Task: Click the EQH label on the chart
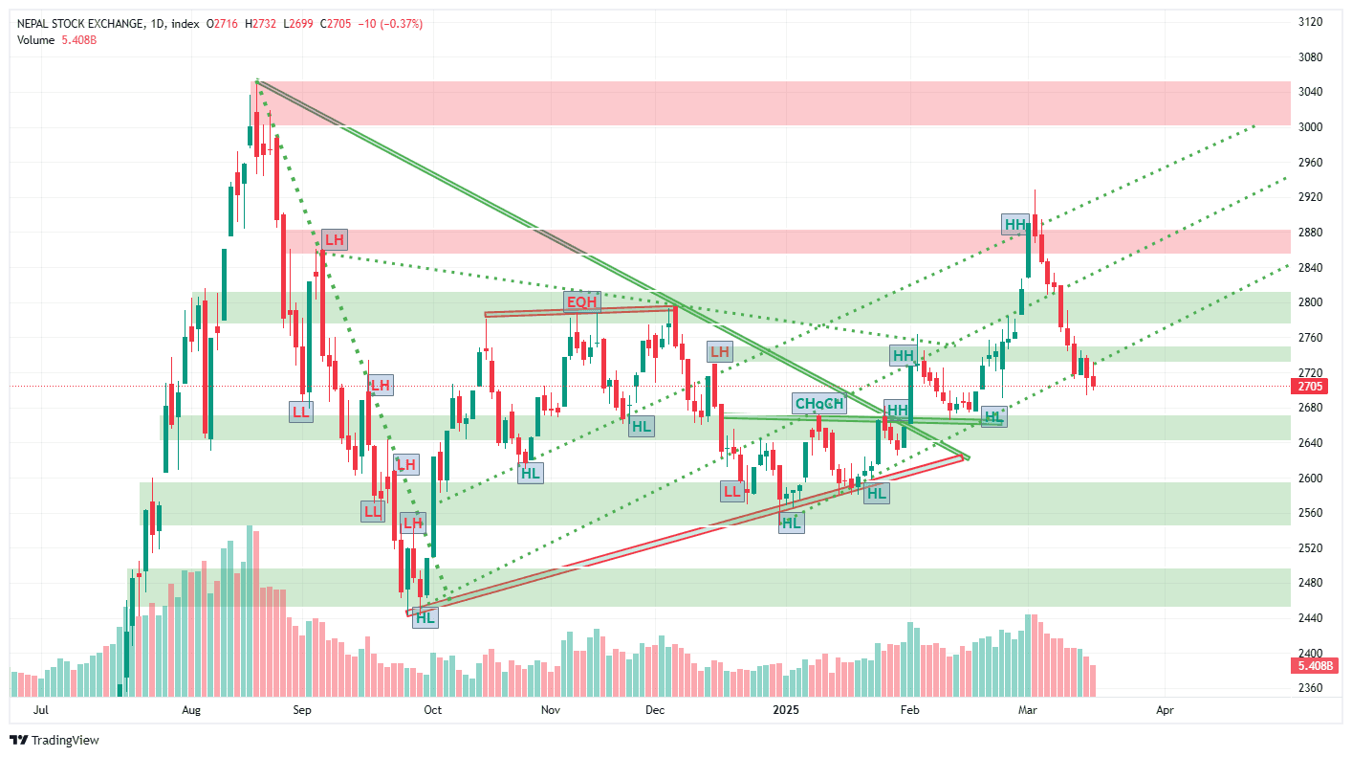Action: click(581, 302)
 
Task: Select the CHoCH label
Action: click(820, 404)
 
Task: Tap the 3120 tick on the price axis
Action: click(1310, 22)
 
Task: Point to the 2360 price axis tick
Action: click(1310, 688)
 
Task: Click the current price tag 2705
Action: click(1309, 387)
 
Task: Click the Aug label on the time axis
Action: click(191, 710)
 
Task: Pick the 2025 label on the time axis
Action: click(786, 710)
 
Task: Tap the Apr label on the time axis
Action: click(1165, 710)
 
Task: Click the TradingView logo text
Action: click(64, 740)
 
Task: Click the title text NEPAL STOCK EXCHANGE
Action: click(80, 23)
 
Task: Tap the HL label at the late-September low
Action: click(425, 617)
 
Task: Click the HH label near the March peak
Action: click(1014, 225)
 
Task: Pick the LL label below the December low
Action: click(732, 492)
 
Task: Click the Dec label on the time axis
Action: click(655, 710)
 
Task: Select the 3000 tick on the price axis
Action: click(1310, 127)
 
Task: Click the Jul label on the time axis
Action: click(40, 710)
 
